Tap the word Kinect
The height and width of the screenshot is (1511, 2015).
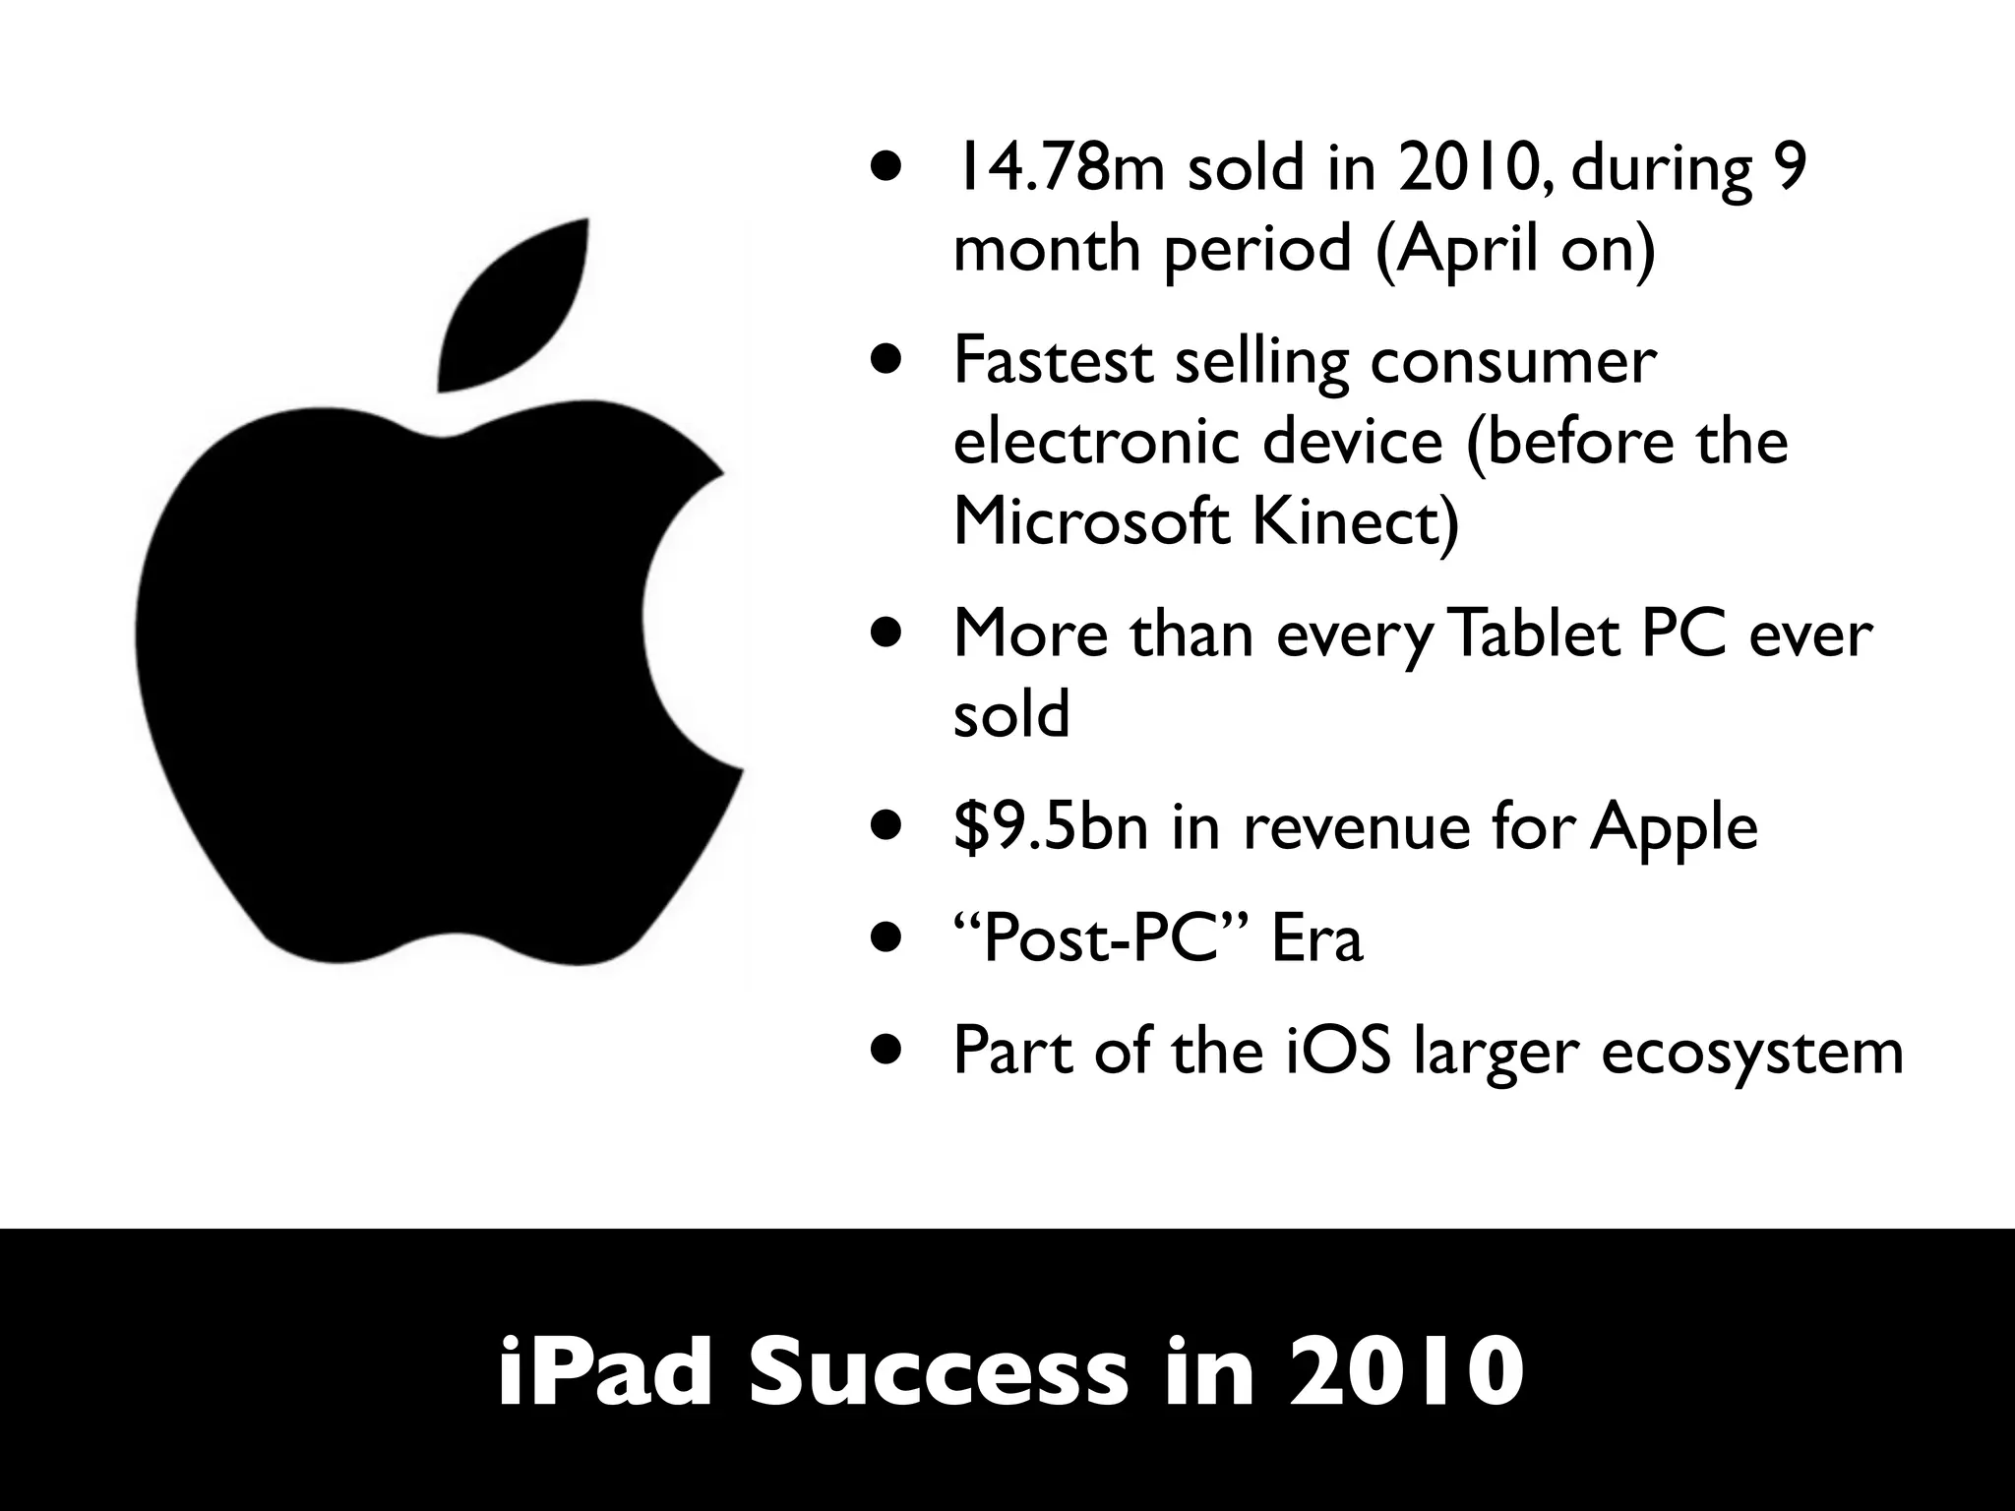(x=1356, y=520)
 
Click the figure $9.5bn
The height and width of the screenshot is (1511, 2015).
(x=1052, y=826)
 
